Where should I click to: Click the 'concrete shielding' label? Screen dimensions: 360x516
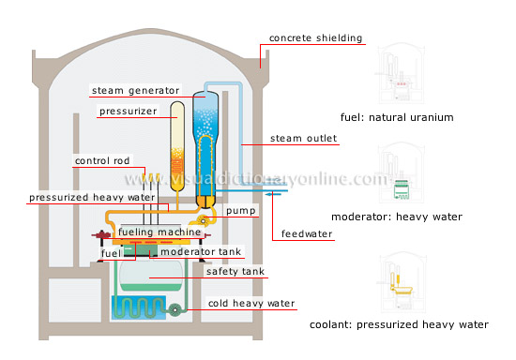[x=315, y=38]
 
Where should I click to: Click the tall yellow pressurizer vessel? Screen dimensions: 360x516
[x=176, y=141]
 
